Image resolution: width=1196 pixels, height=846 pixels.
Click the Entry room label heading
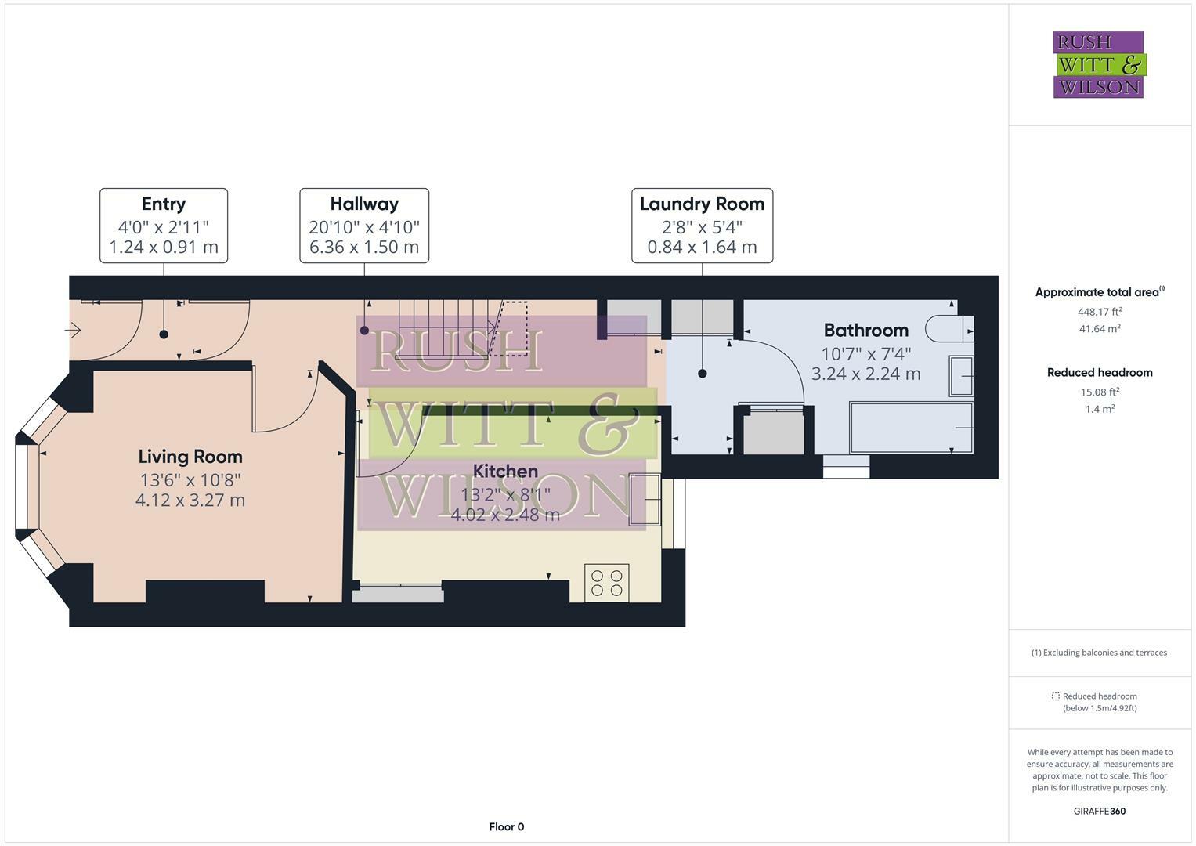click(164, 204)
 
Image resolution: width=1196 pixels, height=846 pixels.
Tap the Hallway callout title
click(364, 204)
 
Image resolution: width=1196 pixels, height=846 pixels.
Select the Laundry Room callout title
click(702, 204)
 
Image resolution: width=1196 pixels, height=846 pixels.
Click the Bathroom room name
click(865, 330)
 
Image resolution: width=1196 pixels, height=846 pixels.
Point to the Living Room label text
click(190, 457)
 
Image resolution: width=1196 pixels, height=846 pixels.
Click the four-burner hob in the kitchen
click(606, 583)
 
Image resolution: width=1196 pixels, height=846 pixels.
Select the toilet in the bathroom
click(948, 328)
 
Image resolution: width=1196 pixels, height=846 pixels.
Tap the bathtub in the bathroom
click(912, 428)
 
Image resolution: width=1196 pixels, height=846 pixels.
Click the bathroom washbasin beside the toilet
click(961, 375)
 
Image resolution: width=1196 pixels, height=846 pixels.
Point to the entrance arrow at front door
click(73, 331)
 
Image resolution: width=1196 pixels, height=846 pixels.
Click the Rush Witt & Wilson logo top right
click(1098, 64)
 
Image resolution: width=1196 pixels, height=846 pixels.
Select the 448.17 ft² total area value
click(1100, 311)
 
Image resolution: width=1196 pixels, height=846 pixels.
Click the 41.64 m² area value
click(1100, 329)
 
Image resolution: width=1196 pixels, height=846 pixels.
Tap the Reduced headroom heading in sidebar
click(1100, 373)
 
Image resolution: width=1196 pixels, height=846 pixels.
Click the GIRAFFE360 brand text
click(1100, 811)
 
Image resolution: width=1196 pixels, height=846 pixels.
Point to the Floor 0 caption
click(506, 826)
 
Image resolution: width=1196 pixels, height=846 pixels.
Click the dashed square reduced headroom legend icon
click(1055, 696)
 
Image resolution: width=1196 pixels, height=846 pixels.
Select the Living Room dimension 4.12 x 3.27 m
click(190, 500)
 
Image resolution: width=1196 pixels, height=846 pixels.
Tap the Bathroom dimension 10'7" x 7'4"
click(865, 353)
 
